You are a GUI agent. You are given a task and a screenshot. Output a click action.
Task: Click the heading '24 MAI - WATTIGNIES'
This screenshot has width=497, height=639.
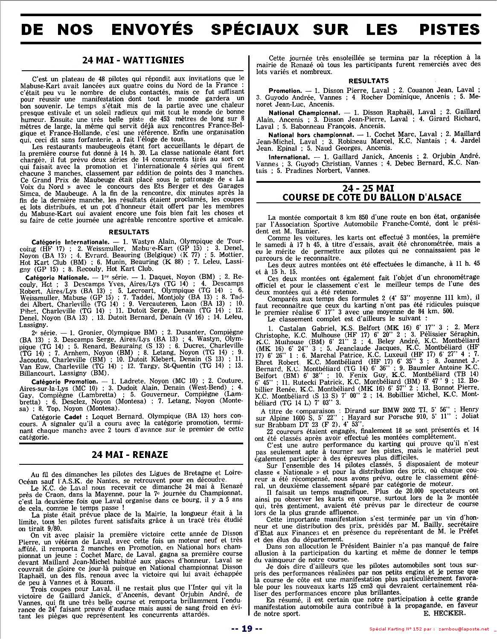pos(133,60)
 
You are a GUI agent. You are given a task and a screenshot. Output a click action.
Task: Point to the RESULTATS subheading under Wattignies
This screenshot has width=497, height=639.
pos(129,232)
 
